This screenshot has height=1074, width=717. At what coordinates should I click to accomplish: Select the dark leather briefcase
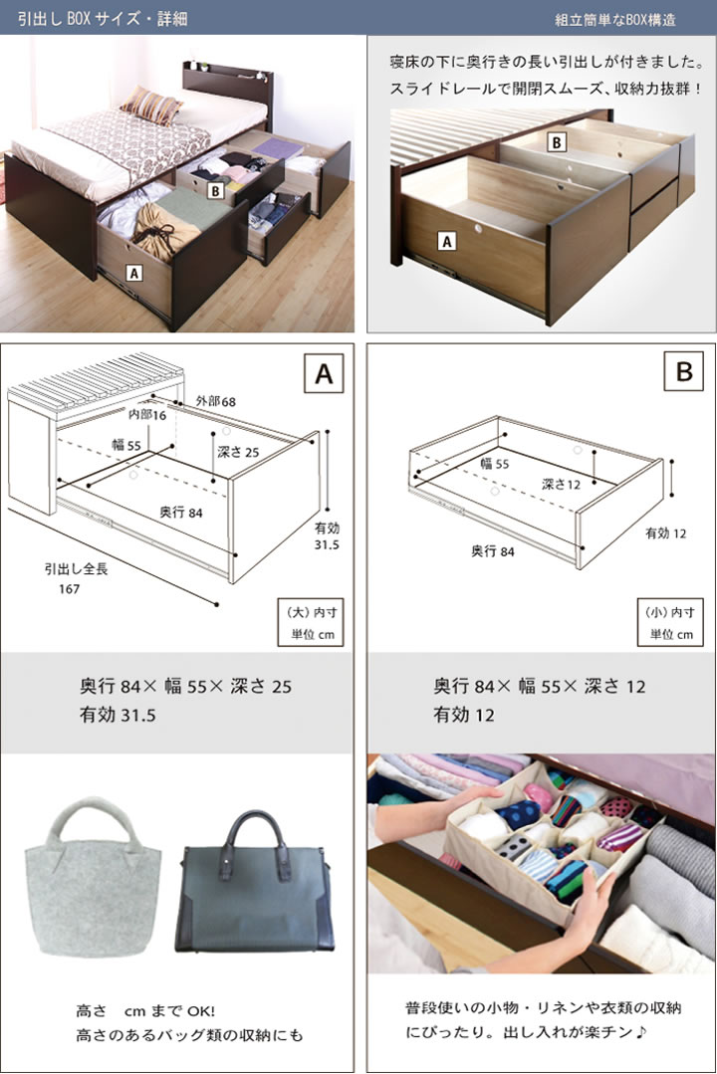(x=254, y=884)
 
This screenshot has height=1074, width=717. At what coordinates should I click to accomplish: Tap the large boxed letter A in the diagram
(x=324, y=374)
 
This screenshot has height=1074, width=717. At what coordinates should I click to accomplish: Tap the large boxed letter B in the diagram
(x=683, y=372)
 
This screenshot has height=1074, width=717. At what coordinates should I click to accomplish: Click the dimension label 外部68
(x=215, y=401)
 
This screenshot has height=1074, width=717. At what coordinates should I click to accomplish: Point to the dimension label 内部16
(x=147, y=414)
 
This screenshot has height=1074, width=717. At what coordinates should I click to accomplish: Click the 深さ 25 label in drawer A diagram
(x=238, y=452)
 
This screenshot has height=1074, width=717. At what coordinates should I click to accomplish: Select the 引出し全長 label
(x=76, y=568)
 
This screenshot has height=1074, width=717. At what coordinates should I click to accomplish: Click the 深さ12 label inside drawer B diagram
(x=561, y=485)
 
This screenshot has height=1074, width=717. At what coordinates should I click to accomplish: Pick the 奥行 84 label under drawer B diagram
(x=492, y=550)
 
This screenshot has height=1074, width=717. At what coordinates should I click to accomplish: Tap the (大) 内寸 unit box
(x=311, y=623)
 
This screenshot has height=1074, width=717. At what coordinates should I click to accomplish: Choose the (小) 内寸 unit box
(x=670, y=623)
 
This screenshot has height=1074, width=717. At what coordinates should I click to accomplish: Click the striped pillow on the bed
(x=150, y=105)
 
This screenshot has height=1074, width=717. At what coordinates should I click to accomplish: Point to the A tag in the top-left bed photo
(x=134, y=274)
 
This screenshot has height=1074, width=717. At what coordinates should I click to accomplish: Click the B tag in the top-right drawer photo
(x=557, y=142)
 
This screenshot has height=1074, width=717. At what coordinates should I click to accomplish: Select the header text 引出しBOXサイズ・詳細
(x=103, y=19)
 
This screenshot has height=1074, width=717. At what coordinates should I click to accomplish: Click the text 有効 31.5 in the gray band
(x=118, y=715)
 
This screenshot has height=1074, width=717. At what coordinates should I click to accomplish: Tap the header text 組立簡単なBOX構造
(x=614, y=20)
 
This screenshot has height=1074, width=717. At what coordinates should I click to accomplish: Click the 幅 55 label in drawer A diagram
(x=126, y=445)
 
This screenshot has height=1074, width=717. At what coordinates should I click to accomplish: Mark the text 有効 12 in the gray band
(x=463, y=715)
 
